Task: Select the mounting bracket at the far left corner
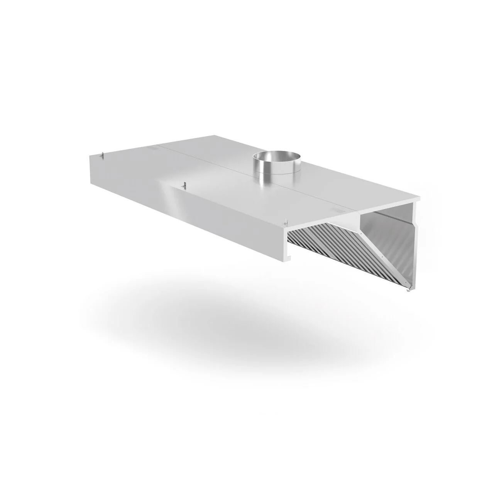pyautogui.click(x=102, y=155)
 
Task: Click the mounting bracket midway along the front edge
pyautogui.click(x=184, y=186)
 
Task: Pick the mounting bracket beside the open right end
pyautogui.click(x=286, y=223)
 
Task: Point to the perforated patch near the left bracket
pyautogui.click(x=153, y=147)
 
